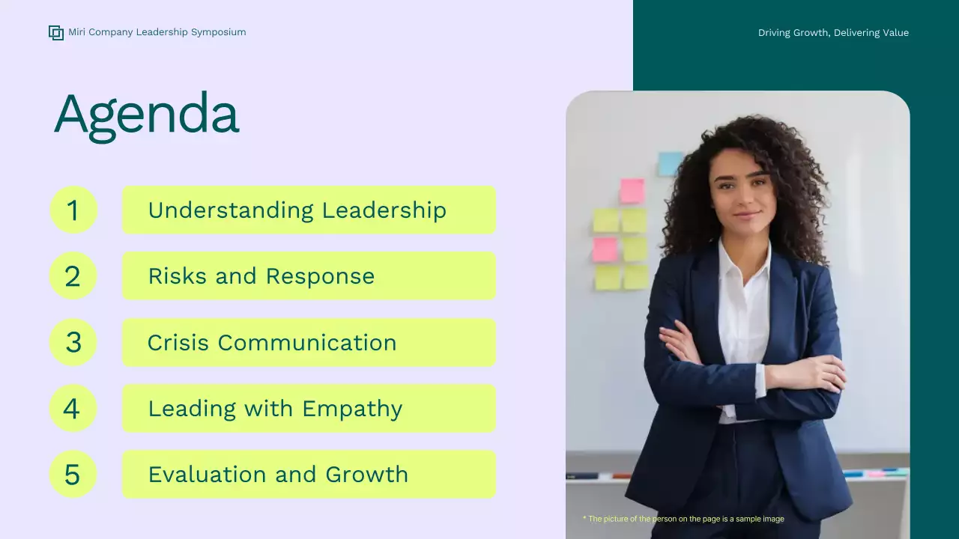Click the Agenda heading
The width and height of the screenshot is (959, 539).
coord(146,115)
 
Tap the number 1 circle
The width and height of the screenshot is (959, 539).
coord(73,210)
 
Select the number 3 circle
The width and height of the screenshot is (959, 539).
coord(73,342)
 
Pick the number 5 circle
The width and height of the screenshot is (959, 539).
coord(73,474)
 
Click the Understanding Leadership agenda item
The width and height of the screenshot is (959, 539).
coord(297,210)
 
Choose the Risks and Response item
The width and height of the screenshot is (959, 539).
coord(261,276)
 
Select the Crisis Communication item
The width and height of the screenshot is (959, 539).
coord(271,342)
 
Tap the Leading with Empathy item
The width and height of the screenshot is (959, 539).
coord(275,408)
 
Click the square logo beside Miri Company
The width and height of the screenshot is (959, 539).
coord(56,32)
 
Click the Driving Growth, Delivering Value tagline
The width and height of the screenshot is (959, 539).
coord(833,33)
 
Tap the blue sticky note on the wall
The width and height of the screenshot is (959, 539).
coord(670,164)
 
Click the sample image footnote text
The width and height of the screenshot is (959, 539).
coord(683,519)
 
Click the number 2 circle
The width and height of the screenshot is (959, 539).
coord(73,276)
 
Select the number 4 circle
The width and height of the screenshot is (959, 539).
coord(73,408)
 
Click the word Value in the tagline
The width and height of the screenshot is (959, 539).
coord(894,33)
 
